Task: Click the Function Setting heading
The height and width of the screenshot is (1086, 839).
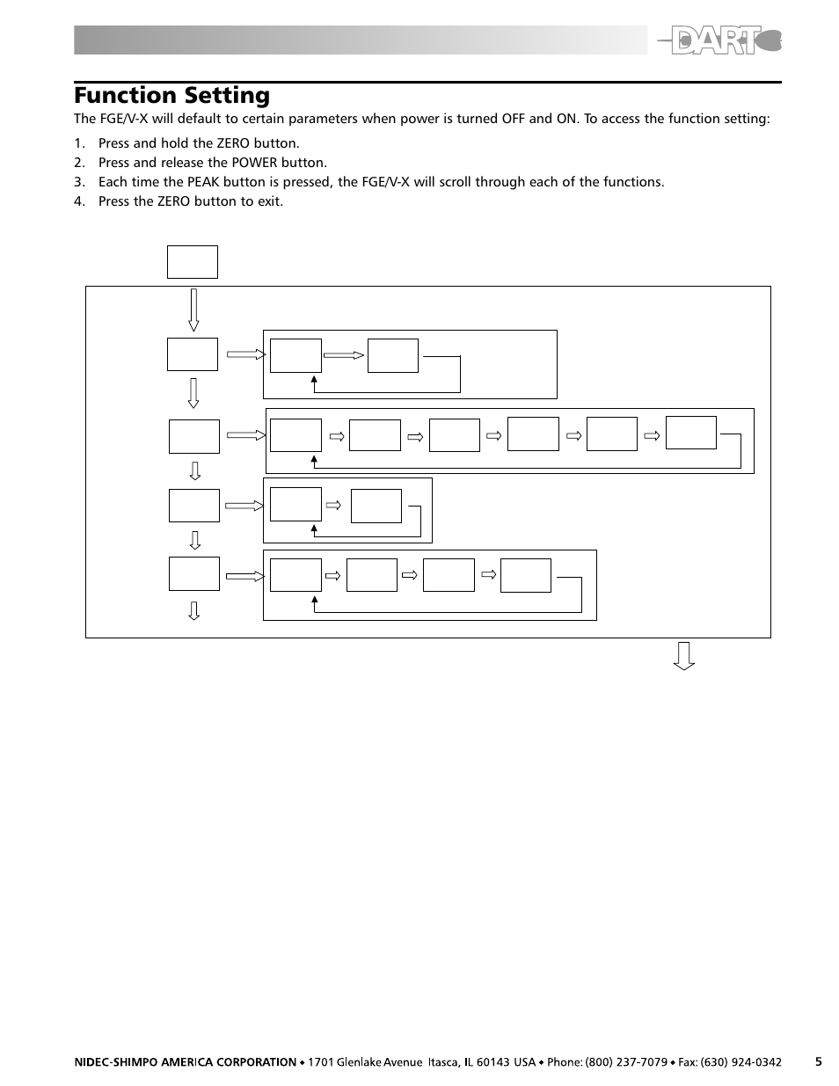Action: pos(171,95)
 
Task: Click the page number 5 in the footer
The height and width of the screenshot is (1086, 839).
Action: pos(818,1061)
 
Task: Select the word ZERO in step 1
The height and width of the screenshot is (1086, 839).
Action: pos(232,143)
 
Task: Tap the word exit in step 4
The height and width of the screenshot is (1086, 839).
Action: pos(268,201)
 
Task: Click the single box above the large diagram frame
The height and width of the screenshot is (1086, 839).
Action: pos(192,262)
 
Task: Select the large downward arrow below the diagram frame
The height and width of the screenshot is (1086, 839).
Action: pos(684,656)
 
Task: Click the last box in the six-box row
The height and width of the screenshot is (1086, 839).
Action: pos(691,433)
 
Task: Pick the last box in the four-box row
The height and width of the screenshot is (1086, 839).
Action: pos(526,575)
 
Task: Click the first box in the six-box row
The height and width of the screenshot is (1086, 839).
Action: pos(295,435)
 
